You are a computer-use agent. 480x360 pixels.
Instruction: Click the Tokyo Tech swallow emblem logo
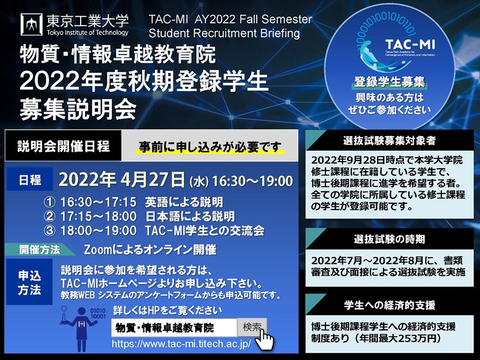(x=32, y=24)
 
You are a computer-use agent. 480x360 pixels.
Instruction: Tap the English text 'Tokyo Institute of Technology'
(x=88, y=32)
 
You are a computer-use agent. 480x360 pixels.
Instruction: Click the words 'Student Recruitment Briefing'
(x=224, y=33)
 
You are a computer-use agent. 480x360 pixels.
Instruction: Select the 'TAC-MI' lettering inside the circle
(x=410, y=44)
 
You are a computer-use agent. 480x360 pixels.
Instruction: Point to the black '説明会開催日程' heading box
(x=63, y=146)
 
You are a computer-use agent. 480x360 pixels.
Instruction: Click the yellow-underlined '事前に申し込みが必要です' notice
(x=210, y=147)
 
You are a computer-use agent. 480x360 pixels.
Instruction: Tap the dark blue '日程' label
(x=29, y=179)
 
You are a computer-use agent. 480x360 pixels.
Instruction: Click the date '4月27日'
(x=152, y=179)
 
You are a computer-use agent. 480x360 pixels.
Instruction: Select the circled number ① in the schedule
(x=49, y=202)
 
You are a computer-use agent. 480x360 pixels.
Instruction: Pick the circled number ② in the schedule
(x=49, y=217)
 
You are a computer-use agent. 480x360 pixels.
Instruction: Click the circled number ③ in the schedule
(x=49, y=231)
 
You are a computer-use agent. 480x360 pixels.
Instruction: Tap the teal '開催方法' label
(x=39, y=249)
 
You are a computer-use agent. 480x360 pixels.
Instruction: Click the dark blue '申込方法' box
(x=29, y=282)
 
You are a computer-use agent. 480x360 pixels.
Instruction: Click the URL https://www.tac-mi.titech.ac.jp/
(x=181, y=344)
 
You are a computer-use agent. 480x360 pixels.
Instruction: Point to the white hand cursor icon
(x=264, y=339)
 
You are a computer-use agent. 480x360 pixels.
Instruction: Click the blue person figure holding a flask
(x=80, y=329)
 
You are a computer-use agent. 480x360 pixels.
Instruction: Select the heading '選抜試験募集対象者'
(x=389, y=141)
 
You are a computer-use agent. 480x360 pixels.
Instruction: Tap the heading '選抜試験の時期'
(x=389, y=239)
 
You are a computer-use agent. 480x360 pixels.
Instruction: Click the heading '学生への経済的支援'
(x=389, y=305)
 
